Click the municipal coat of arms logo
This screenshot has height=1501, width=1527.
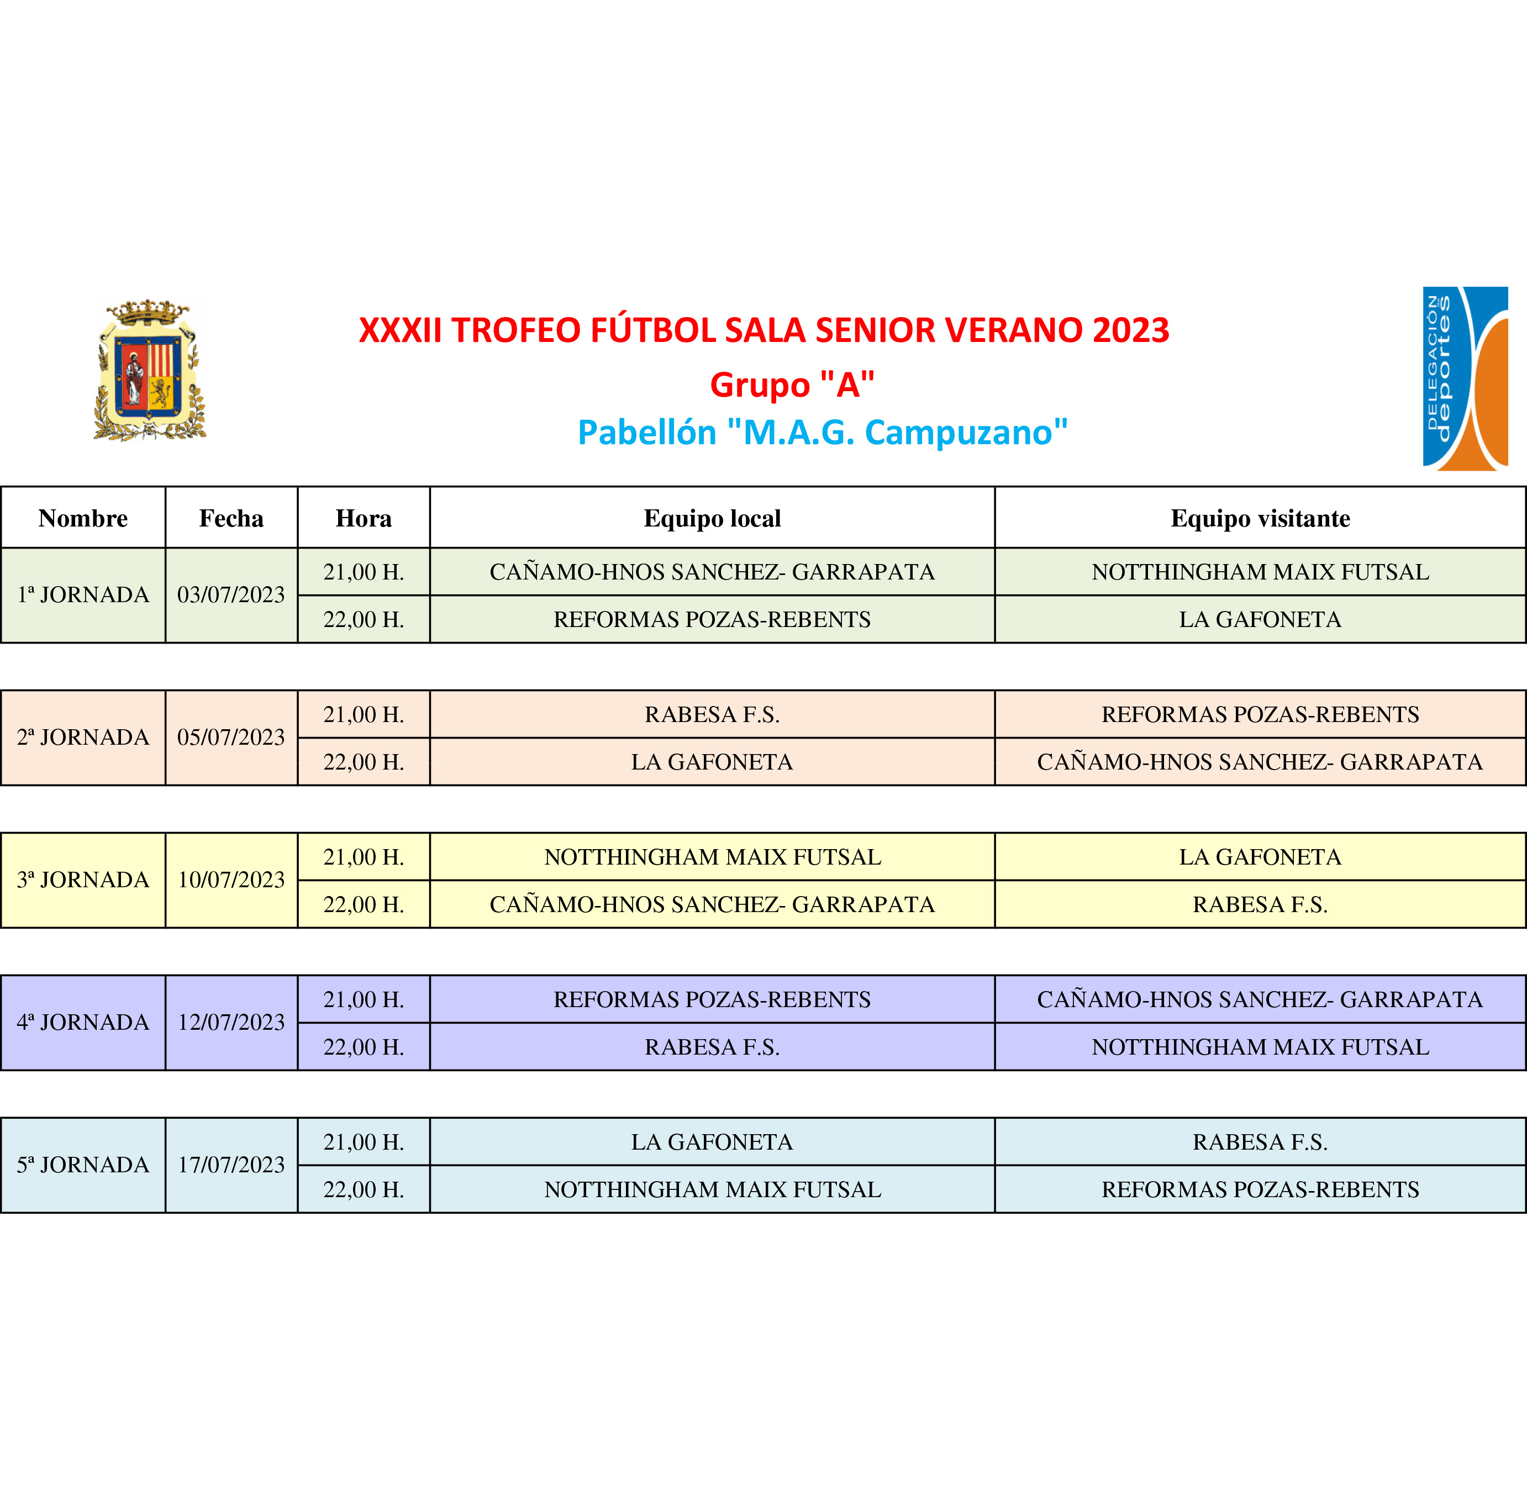pos(149,370)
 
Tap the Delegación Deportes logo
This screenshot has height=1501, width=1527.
pos(1465,378)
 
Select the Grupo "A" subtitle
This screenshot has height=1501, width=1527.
pos(792,385)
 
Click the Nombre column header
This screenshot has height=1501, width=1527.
pos(83,518)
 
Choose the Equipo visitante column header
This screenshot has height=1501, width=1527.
pos(1260,518)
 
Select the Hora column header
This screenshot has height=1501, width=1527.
pos(364,518)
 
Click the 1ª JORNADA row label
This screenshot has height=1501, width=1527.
pos(83,594)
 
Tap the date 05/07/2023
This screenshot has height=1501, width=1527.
pos(231,737)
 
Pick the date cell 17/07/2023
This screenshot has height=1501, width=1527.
pos(231,1165)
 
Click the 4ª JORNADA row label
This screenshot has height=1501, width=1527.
pos(83,1021)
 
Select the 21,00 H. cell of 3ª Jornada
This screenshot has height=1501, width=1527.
pos(364,857)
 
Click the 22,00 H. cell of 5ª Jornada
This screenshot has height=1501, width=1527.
pos(364,1189)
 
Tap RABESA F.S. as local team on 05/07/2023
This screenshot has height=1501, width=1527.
pos(712,714)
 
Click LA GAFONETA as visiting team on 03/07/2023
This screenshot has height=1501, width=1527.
pos(1260,619)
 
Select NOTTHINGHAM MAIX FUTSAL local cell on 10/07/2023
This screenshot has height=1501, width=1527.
pos(712,857)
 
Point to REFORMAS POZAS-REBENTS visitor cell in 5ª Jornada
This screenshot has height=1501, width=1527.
pos(1260,1189)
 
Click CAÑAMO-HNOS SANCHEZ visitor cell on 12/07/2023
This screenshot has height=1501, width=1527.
pos(1260,999)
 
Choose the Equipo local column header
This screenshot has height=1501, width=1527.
pos(712,518)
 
